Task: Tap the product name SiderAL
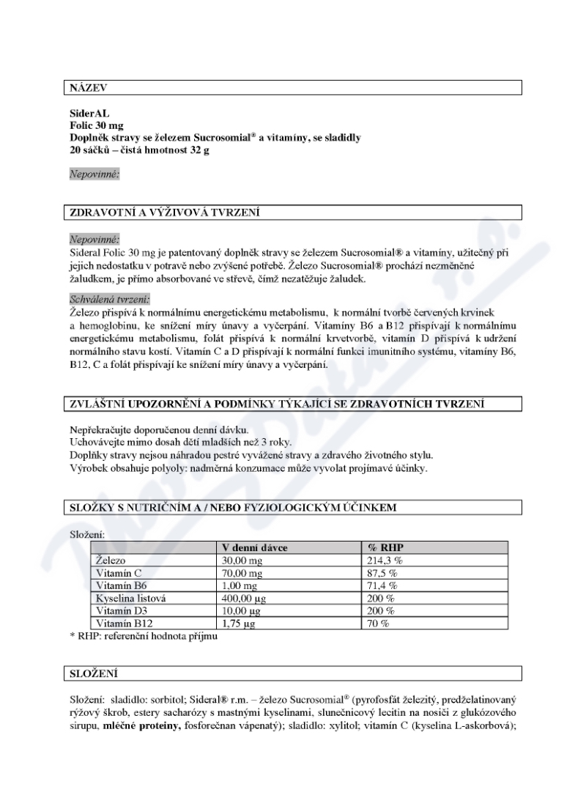pyautogui.click(x=87, y=115)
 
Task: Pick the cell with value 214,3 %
pyautogui.click(x=385, y=561)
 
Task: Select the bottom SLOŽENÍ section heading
pyautogui.click(x=90, y=672)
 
